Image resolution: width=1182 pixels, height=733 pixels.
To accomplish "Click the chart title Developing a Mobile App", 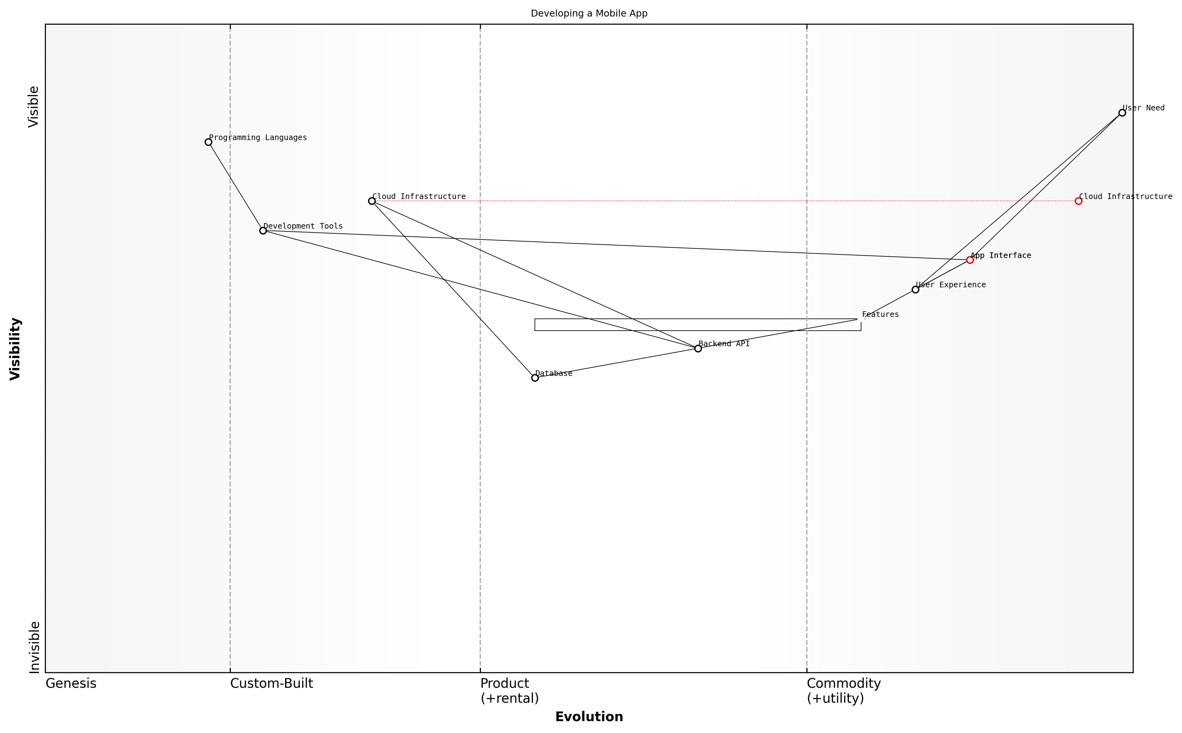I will pos(589,14).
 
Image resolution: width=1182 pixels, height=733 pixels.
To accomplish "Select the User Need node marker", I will pos(1122,113).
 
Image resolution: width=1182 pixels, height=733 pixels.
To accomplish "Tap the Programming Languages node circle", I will pos(208,142).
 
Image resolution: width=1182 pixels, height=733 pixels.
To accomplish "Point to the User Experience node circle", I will pos(915,290).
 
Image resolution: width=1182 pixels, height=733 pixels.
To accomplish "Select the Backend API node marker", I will pos(698,348).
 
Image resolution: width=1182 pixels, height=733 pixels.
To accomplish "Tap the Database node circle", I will pos(535,378).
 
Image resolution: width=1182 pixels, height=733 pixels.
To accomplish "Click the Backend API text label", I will pos(724,344).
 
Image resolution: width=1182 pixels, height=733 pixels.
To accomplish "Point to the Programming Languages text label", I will pos(258,138).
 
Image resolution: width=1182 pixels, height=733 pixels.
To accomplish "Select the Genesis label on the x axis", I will pos(71,683).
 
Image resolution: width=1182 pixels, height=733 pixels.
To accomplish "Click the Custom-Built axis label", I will pos(271,683).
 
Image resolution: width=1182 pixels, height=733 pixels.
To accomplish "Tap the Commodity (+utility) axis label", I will pos(843,691).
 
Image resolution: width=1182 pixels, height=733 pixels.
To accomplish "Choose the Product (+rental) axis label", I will pos(509,691).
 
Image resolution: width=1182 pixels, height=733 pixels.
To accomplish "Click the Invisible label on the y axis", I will pos(34,647).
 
